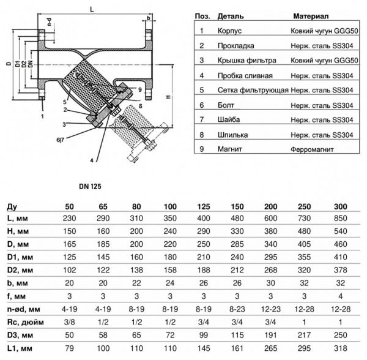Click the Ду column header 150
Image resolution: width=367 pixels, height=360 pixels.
234,206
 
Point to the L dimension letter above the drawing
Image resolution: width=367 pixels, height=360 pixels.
91,9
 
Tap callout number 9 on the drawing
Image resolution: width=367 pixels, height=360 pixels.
140,89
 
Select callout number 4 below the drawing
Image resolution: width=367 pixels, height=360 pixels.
92,160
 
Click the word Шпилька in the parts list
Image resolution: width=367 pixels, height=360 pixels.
230,134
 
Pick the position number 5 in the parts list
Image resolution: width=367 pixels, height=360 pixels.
201,89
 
